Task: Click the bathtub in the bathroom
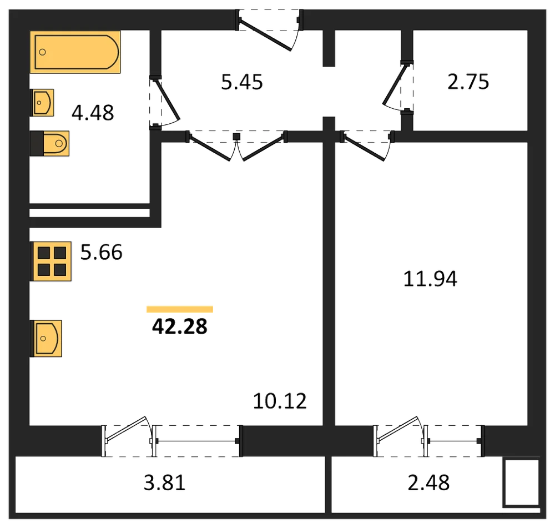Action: point(75,52)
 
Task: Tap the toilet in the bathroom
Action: point(49,143)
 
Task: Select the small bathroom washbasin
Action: point(42,103)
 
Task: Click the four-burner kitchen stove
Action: point(51,262)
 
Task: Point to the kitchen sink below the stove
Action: point(46,339)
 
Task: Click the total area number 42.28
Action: point(180,326)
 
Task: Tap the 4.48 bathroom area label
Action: point(93,113)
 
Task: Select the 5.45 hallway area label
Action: point(242,82)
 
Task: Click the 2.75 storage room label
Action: point(468,82)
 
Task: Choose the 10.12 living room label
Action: point(280,401)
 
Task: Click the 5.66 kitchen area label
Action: point(102,252)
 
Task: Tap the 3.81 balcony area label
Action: point(165,483)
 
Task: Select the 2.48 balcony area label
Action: point(428,482)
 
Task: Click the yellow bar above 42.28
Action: point(180,309)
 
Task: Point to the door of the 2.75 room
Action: point(395,84)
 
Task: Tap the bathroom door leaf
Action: point(167,100)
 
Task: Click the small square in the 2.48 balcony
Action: point(521,482)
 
